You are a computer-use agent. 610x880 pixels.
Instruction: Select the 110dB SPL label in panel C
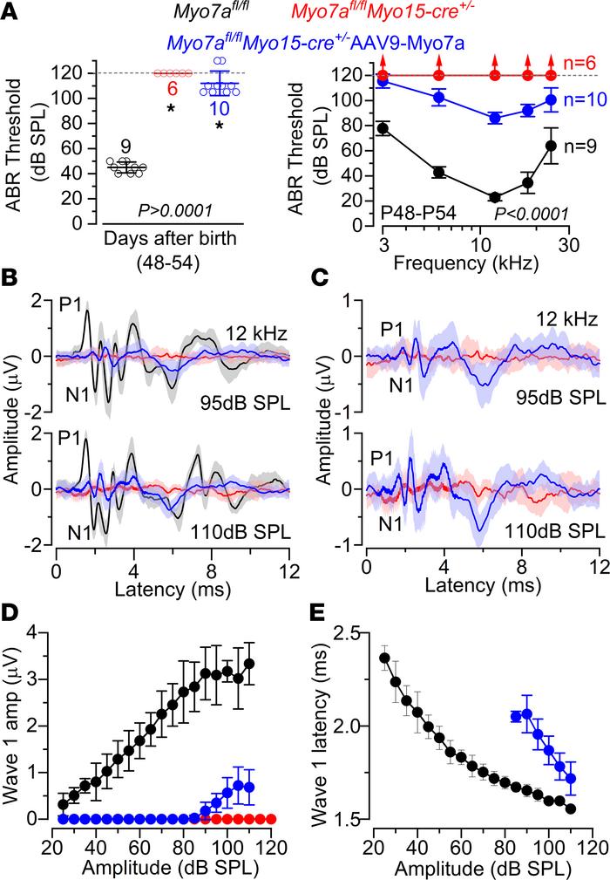coord(554,529)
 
